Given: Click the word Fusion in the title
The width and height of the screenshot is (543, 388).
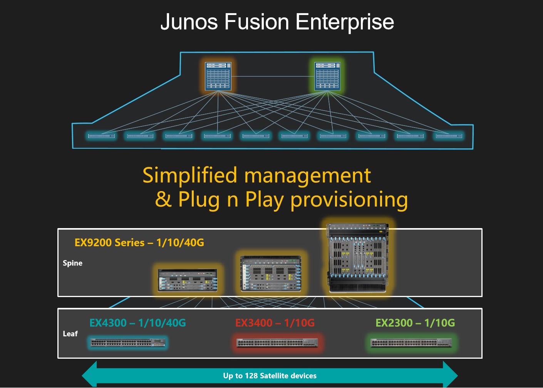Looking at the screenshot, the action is tap(256, 22).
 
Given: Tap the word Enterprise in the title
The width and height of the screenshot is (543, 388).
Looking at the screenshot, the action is tap(345, 23).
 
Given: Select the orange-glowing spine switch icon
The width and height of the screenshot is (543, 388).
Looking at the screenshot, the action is tap(218, 76).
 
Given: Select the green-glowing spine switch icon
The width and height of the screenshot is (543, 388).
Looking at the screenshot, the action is tap(327, 76).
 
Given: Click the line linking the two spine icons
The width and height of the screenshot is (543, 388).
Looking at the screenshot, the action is tap(273, 76).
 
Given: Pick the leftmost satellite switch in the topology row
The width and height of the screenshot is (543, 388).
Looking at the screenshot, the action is tap(101, 136).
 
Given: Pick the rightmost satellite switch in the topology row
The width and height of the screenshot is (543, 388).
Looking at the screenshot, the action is tap(449, 136).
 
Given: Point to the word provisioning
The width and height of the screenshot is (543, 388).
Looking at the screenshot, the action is tap(349, 200).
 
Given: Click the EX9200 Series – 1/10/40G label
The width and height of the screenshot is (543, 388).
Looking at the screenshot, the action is tap(139, 242).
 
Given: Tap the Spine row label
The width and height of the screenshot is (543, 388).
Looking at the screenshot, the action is tap(72, 264).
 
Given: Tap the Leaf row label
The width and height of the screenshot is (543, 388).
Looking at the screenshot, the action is tap(70, 334).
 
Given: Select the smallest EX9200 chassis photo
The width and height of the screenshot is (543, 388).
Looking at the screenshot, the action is tap(188, 280).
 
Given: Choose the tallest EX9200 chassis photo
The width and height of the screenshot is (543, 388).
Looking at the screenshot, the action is tap(357, 258).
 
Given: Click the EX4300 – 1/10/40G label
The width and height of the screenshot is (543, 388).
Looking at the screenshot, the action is tap(138, 323).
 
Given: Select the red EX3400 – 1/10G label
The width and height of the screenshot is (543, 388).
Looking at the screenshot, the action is tap(275, 323).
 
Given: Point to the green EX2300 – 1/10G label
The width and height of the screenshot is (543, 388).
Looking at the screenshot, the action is tap(415, 323).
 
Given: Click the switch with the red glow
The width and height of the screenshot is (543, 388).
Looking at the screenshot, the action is tap(277, 343).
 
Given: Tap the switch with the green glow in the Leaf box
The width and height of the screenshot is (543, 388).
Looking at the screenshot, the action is tap(411, 343).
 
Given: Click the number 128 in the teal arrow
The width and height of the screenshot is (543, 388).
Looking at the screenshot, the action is tap(251, 376).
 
